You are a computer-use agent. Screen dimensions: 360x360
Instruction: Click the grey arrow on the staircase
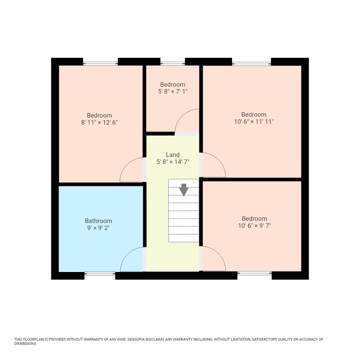184,190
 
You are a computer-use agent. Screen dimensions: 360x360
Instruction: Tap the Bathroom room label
98,221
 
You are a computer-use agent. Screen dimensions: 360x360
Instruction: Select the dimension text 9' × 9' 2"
98,228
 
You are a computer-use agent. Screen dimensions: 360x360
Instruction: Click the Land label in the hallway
173,155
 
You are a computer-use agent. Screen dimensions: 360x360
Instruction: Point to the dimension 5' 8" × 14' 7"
173,162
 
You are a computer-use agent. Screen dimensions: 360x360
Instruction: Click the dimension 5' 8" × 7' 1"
173,91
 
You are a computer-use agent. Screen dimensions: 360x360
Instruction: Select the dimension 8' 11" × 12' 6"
99,122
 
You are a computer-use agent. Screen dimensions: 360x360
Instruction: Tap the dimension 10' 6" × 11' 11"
254,122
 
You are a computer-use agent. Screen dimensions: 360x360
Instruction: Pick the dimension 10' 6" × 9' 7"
254,226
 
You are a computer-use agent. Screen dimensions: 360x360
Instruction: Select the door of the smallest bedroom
187,122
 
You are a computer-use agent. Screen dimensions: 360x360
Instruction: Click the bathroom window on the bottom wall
100,274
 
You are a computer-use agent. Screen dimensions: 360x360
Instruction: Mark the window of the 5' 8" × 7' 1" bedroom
173,63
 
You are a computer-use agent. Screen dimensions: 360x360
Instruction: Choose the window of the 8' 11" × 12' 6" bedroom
100,63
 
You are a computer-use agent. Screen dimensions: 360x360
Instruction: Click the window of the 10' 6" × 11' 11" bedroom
251,63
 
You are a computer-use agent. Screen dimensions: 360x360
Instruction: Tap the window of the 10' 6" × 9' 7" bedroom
255,273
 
